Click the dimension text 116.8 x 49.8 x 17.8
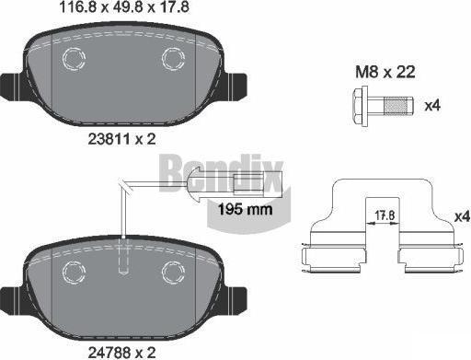(123, 7)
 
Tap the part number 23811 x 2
(122, 140)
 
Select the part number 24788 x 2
(122, 352)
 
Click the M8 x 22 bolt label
(385, 72)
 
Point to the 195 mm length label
(245, 209)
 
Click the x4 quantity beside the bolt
(432, 106)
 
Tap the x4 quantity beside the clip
(462, 216)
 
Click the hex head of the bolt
(361, 106)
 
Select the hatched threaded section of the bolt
(398, 106)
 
